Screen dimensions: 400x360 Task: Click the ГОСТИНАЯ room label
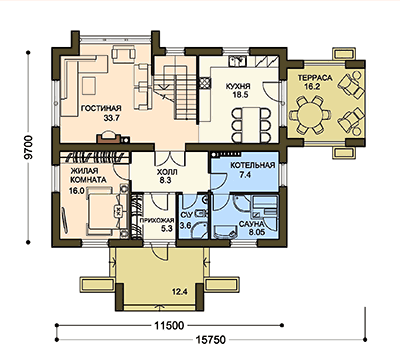tap(101, 108)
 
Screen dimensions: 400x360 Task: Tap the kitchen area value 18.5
tap(241, 95)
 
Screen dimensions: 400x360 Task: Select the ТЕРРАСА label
tap(315, 78)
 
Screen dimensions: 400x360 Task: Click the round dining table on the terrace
tap(310, 115)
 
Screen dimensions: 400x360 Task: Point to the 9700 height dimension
tap(29, 147)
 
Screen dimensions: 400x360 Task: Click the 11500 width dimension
tap(169, 325)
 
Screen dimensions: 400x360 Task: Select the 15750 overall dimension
tap(211, 340)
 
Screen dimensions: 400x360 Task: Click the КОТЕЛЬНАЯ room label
tap(253, 166)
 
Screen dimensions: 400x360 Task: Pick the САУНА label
tap(252, 224)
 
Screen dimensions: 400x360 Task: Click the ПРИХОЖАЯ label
tap(157, 220)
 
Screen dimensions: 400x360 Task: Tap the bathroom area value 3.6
tap(185, 226)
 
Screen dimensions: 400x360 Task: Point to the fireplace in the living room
tap(109, 138)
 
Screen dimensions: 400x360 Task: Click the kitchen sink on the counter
tap(237, 61)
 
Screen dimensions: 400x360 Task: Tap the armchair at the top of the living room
tap(124, 53)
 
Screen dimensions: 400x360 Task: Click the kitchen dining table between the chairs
tap(251, 124)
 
